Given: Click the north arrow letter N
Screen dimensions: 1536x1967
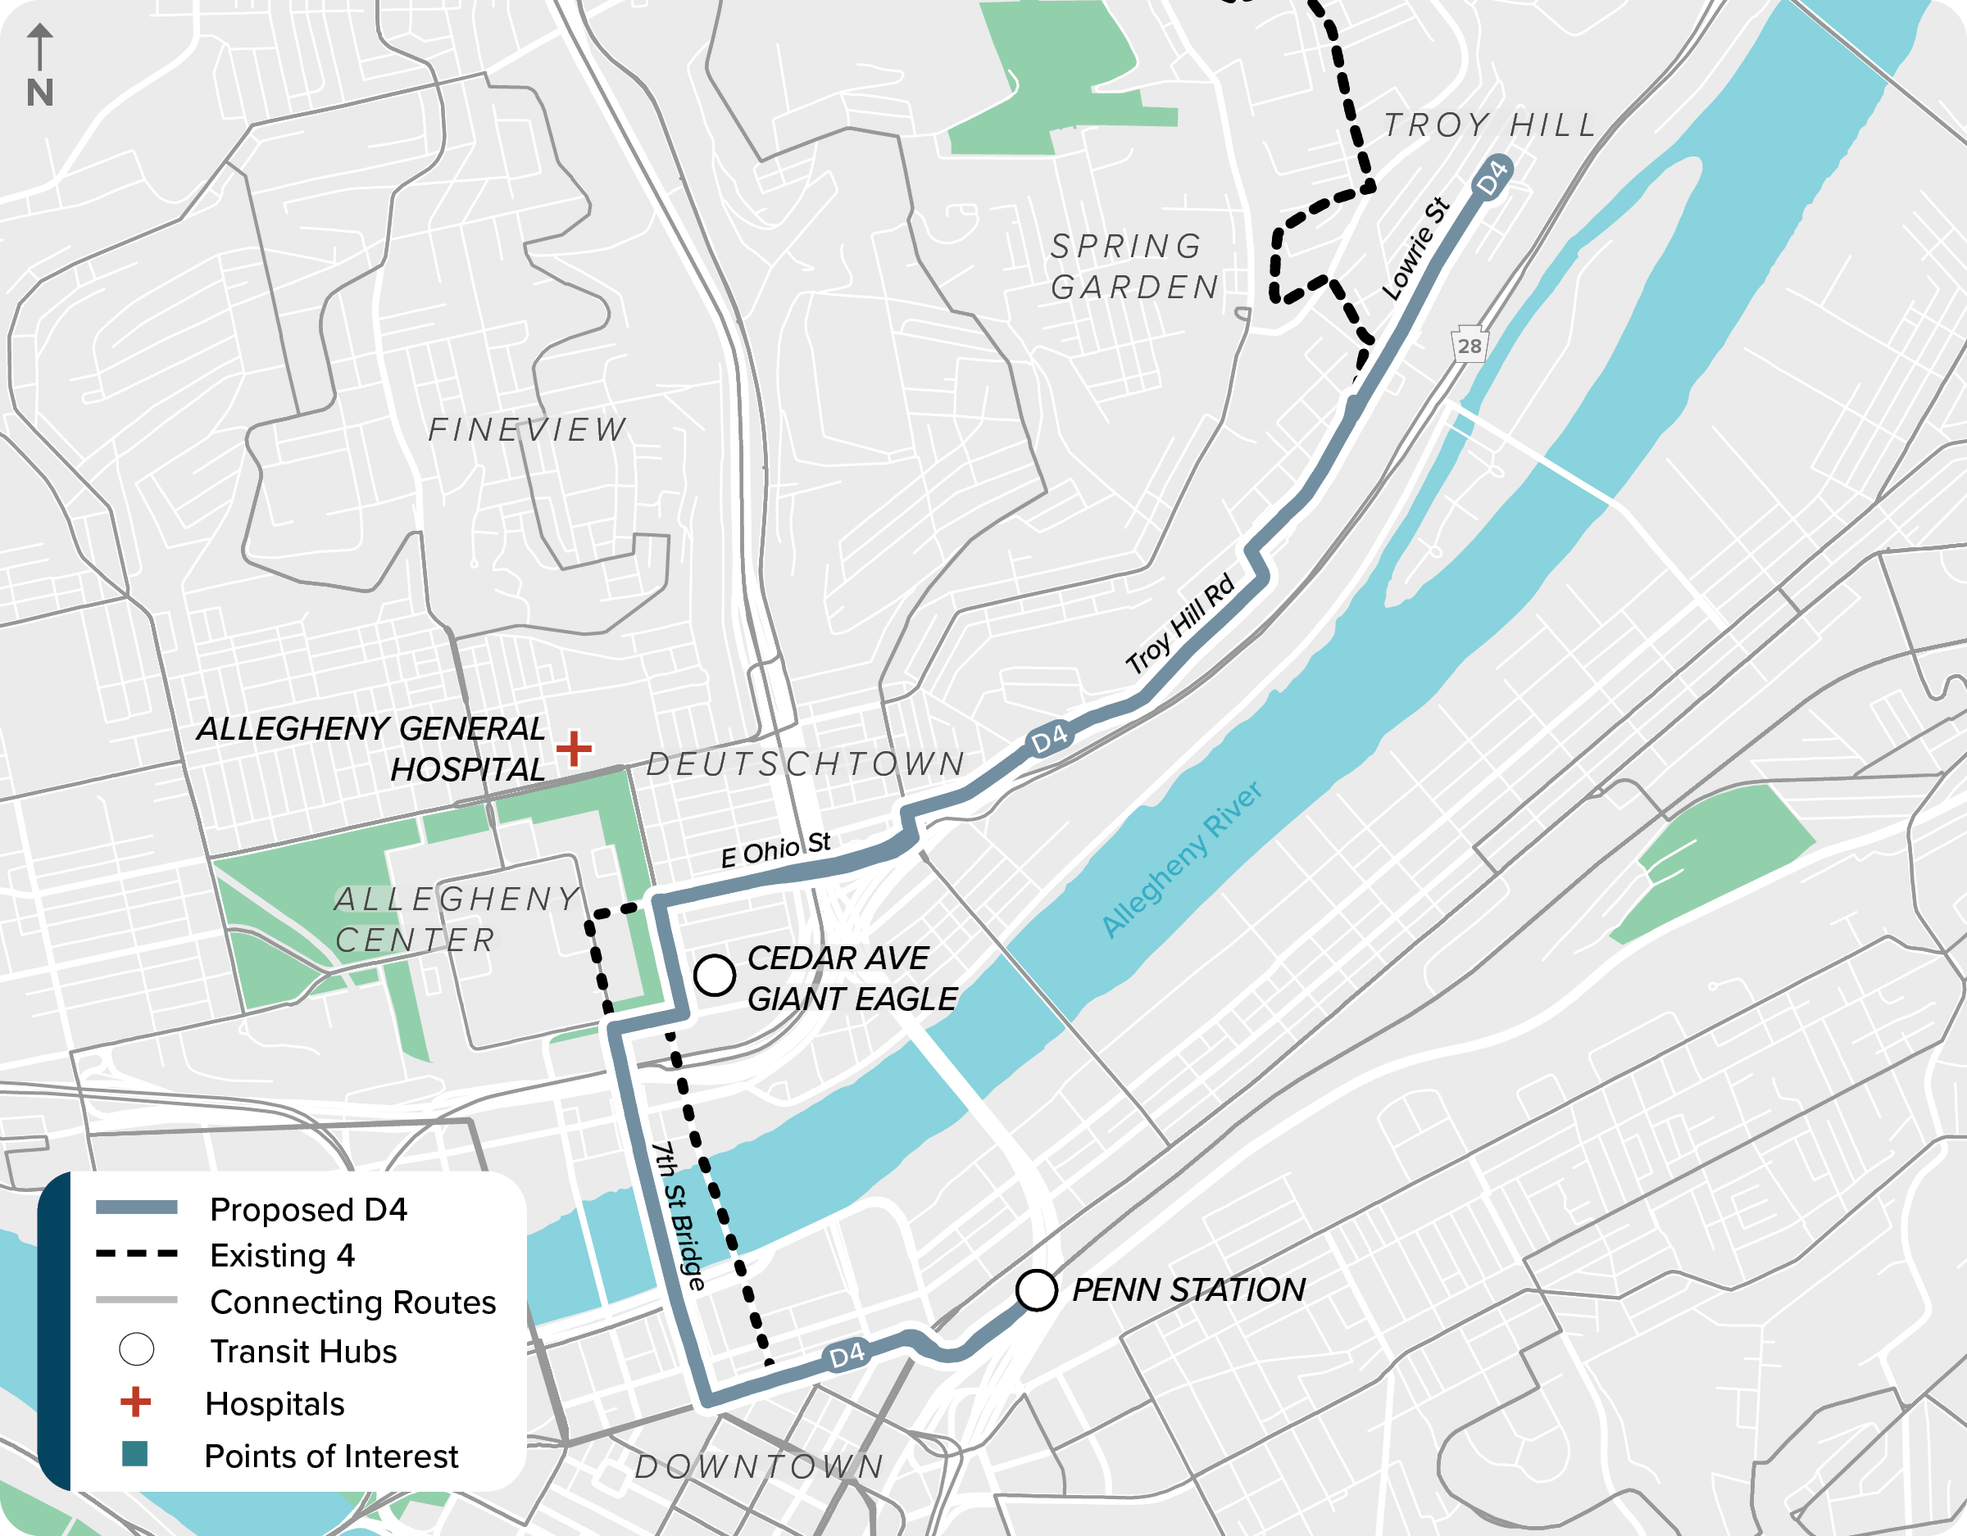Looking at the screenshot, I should coord(39,93).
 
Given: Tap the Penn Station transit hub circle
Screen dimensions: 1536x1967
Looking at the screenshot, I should coord(1036,1290).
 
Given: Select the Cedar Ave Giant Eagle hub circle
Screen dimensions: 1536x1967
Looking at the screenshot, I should coord(714,975).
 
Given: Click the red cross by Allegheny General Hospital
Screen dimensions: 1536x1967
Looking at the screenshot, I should coord(574,748).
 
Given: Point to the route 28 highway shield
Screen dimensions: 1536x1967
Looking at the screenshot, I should coord(1469,345).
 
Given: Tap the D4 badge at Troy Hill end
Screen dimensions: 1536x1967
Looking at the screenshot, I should coord(1492,176).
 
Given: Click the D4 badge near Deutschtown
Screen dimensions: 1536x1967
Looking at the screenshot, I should coord(1049,740).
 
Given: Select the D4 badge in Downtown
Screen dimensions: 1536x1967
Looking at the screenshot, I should coord(847,1355).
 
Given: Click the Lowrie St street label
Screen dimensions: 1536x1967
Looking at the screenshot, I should coord(1415,249).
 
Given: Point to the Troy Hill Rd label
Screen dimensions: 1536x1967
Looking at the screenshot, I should coord(1180,624).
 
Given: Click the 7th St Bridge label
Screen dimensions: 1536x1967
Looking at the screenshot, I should coord(678,1216).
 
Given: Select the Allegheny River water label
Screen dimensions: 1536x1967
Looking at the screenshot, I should coord(1181,860).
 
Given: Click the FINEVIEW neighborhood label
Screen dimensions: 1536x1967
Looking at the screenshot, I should coord(527,429).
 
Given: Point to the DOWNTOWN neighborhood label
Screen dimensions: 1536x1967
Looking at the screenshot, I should coord(759,1466).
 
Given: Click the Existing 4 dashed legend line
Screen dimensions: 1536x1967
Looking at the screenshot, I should coord(137,1253).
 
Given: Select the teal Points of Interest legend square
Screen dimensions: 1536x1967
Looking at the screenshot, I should coord(135,1454).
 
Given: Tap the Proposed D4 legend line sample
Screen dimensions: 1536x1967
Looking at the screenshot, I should coord(137,1208).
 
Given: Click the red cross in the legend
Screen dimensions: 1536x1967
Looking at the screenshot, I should coord(136,1402).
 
